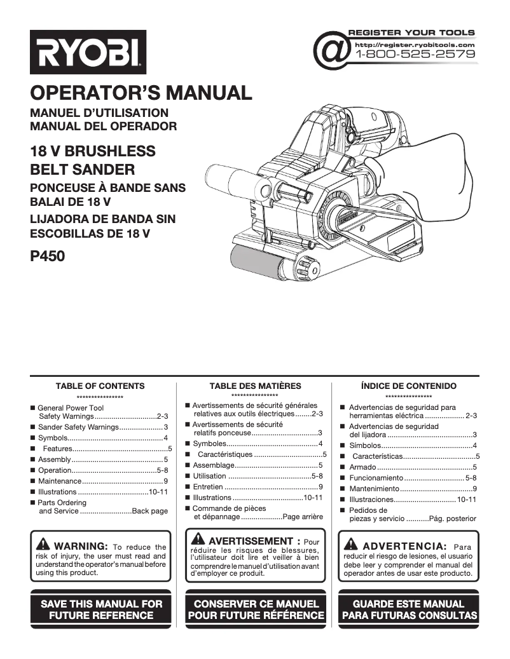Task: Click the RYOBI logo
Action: point(88,52)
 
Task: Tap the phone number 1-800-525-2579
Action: point(415,55)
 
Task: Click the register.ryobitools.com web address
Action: point(415,44)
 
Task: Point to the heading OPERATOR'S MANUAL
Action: point(141,93)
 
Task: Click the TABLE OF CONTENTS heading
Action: point(100,386)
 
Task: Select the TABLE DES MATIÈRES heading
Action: point(255,386)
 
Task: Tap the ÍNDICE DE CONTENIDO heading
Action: point(408,386)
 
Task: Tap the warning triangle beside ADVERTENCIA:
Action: point(350,545)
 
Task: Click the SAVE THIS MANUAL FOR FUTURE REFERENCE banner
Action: point(101,609)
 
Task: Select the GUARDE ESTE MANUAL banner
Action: point(408,609)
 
